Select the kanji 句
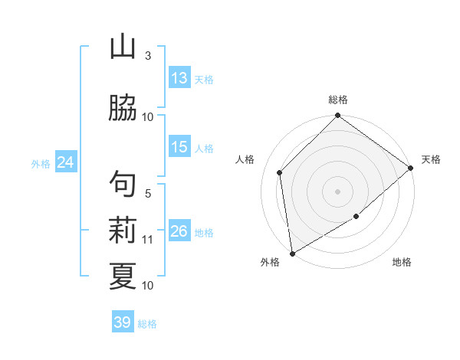pyautogui.click(x=123, y=184)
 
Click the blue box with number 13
pyautogui.click(x=179, y=78)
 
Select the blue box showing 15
pyautogui.click(x=179, y=147)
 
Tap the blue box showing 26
pyautogui.click(x=179, y=231)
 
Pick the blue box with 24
pyautogui.click(x=66, y=162)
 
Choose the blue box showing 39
pyautogui.click(x=123, y=322)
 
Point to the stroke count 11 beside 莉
pyautogui.click(x=148, y=240)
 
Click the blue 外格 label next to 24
pyautogui.click(x=41, y=163)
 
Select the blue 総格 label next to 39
pyautogui.click(x=147, y=324)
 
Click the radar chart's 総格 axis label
pyautogui.click(x=338, y=100)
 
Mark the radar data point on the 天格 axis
pyautogui.click(x=411, y=168)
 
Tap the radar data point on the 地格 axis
pyautogui.click(x=356, y=218)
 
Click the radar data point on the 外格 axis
pyautogui.click(x=292, y=254)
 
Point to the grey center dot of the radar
pyautogui.click(x=338, y=191)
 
